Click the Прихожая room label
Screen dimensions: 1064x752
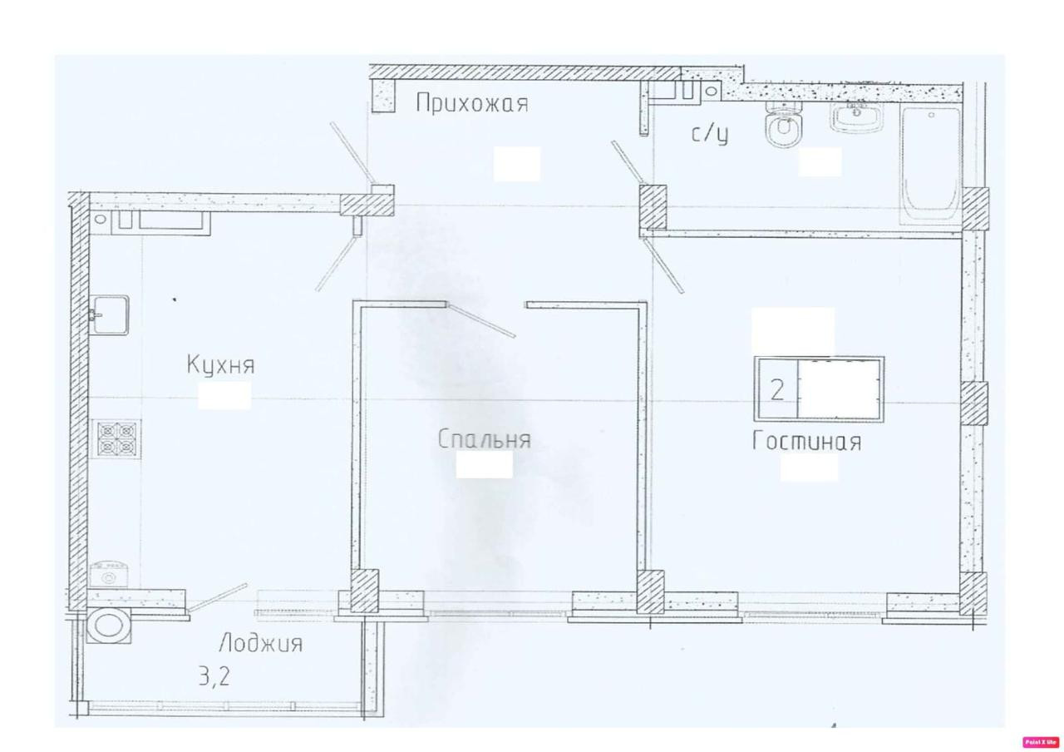coord(471,104)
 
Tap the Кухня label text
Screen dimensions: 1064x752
coord(221,365)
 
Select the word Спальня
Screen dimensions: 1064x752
coord(484,439)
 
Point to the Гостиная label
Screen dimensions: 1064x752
coord(806,441)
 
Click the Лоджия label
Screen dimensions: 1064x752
coord(261,644)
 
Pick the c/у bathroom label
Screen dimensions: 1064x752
coord(710,134)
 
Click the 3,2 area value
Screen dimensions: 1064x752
coord(214,676)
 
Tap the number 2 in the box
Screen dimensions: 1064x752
coord(777,390)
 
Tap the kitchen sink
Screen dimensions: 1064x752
coord(110,314)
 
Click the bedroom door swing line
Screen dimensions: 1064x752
coord(481,321)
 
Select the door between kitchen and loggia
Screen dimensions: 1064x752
coord(217,597)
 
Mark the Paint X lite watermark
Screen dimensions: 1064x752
coord(1041,742)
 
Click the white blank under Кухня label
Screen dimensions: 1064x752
coord(224,395)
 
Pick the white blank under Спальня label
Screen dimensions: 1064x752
coord(484,464)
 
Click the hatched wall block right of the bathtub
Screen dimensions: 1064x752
coord(976,209)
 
